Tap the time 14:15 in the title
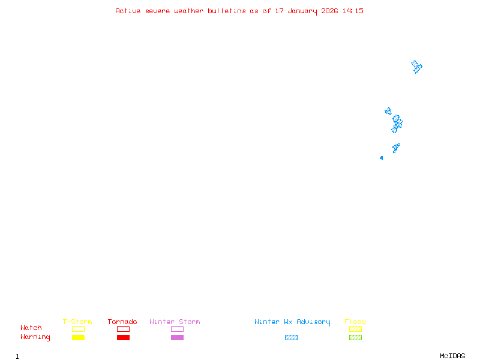click(x=353, y=11)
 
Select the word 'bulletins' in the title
click(x=227, y=11)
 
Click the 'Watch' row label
click(x=31, y=328)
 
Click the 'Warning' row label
click(x=35, y=337)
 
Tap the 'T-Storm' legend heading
click(x=77, y=322)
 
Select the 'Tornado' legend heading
click(x=122, y=322)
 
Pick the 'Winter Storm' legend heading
click(x=175, y=322)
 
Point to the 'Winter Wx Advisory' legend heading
click(x=292, y=322)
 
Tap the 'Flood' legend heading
click(x=355, y=322)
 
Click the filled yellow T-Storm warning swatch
click(x=78, y=337)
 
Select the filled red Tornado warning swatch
click(x=123, y=337)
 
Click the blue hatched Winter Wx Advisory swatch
click(x=291, y=337)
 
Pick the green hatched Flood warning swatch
click(x=355, y=337)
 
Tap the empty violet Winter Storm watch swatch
click(x=177, y=329)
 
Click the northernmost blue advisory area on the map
click(x=416, y=66)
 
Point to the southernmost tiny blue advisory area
click(x=381, y=158)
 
